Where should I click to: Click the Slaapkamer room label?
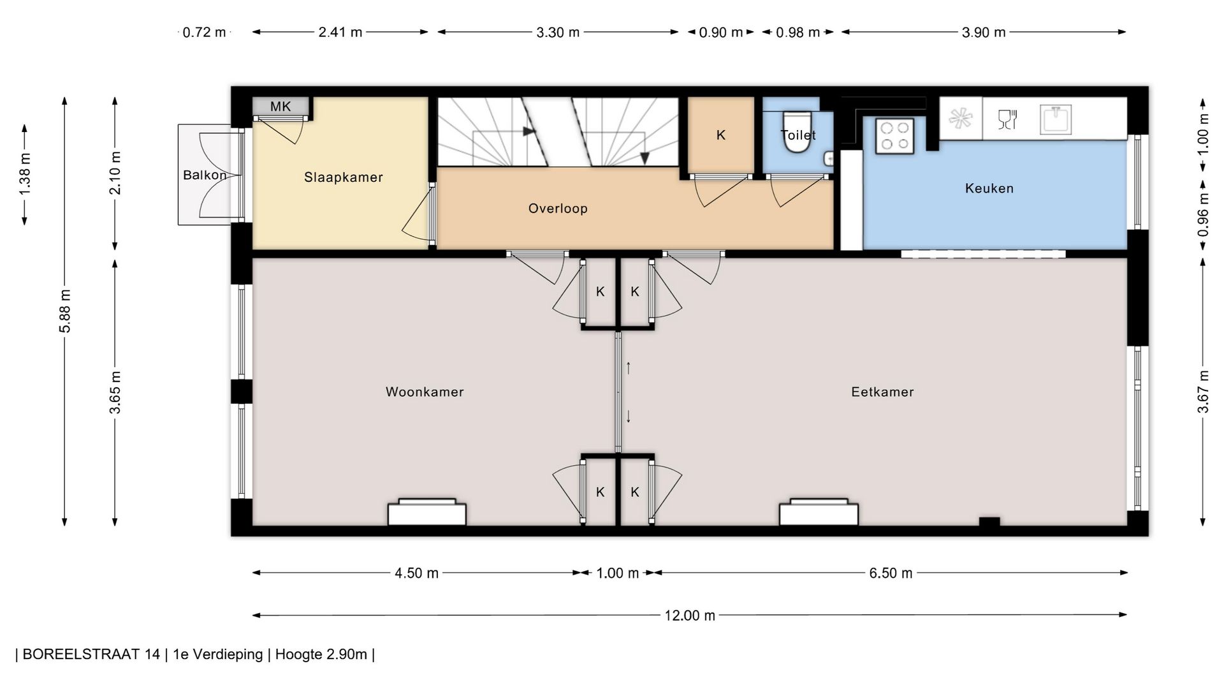click(343, 177)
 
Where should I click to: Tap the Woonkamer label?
click(425, 392)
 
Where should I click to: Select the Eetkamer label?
click(882, 392)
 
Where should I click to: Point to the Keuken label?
click(989, 188)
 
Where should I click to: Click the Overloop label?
click(558, 208)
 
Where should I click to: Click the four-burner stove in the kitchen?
click(894, 135)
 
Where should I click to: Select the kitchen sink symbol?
click(1056, 119)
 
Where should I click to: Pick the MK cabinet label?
click(280, 107)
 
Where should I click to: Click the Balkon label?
click(205, 175)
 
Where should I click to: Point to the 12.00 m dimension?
click(690, 616)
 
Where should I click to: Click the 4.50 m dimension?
click(416, 573)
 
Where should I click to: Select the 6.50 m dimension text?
click(891, 573)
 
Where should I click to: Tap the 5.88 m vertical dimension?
click(65, 311)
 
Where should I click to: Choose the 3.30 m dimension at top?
click(558, 33)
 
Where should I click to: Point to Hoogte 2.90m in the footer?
click(321, 655)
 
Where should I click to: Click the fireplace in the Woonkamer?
click(427, 512)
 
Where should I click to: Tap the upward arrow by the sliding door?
click(629, 367)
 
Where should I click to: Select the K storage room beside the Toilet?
click(721, 135)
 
